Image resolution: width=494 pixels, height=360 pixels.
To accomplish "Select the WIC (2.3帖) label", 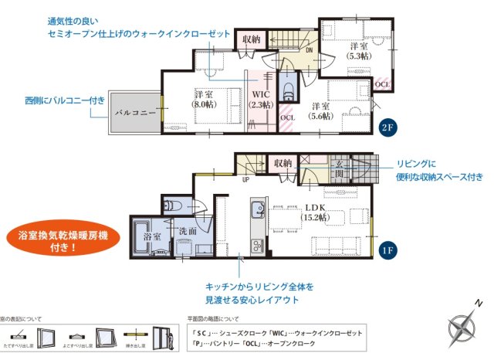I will tap(260, 100).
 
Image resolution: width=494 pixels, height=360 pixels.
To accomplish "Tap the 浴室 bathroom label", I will tap(151, 238).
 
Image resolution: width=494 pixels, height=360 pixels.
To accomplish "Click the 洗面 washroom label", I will tap(188, 231).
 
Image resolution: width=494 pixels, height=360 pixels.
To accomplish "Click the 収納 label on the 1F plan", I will tap(283, 163).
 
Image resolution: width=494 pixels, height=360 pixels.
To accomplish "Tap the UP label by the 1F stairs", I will tap(245, 181).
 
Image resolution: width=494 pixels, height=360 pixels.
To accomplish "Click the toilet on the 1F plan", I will tap(172, 205).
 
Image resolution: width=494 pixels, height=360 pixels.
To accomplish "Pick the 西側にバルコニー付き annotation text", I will tap(64, 100).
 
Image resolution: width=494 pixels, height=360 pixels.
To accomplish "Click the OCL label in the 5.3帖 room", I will tap(382, 83).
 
